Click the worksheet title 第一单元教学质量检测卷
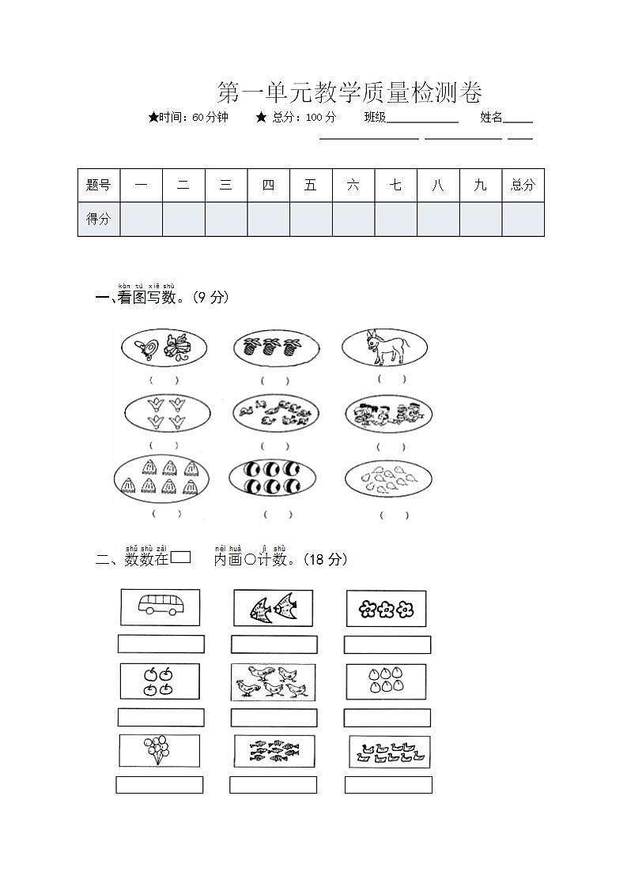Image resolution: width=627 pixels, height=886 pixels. pyautogui.click(x=349, y=93)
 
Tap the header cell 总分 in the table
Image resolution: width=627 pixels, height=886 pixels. pyautogui.click(x=523, y=186)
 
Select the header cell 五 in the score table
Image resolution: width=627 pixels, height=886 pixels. pyautogui.click(x=311, y=186)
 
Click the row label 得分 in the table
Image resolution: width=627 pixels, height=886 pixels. pyautogui.click(x=99, y=220)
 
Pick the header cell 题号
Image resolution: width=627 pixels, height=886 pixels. pyautogui.click(x=99, y=186)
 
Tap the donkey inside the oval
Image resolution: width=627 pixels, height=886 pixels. pyautogui.click(x=384, y=348)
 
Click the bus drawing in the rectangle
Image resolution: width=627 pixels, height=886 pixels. pyautogui.click(x=161, y=606)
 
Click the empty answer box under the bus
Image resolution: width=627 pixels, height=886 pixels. pyautogui.click(x=161, y=644)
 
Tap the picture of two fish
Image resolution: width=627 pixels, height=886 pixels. pyautogui.click(x=273, y=608)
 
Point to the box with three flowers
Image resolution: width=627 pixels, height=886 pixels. pyautogui.click(x=386, y=609)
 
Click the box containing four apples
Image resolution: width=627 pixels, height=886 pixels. pyautogui.click(x=159, y=681)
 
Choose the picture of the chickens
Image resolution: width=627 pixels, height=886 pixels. pyautogui.click(x=273, y=681)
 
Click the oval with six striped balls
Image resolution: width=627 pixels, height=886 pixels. pyautogui.click(x=272, y=477)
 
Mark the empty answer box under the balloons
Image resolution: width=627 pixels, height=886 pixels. pyautogui.click(x=159, y=785)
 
